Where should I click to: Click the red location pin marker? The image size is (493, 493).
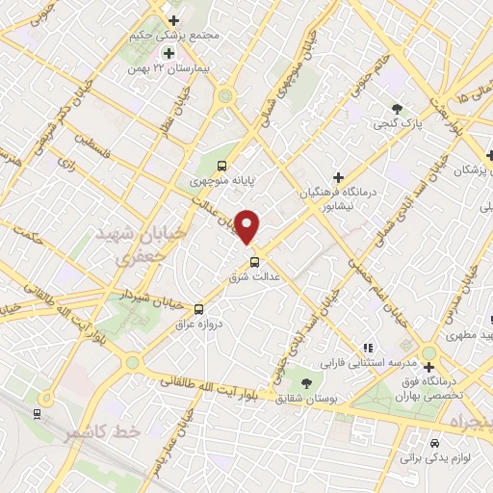247,226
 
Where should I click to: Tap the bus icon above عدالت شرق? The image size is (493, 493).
255,261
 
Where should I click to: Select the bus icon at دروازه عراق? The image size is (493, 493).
198,309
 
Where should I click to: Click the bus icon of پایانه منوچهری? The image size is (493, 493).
223,165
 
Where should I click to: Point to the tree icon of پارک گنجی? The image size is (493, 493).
395,108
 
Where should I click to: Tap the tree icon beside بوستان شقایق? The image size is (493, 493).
306,382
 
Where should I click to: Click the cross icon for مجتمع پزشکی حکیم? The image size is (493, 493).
172,20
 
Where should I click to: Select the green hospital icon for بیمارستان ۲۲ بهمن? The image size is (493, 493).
169,54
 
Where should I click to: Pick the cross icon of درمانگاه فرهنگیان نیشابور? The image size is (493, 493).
337,176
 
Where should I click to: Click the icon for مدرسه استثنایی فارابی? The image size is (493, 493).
366,348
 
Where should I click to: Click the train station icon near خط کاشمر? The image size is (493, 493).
37,414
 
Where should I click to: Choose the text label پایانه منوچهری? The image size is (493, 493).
211,180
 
